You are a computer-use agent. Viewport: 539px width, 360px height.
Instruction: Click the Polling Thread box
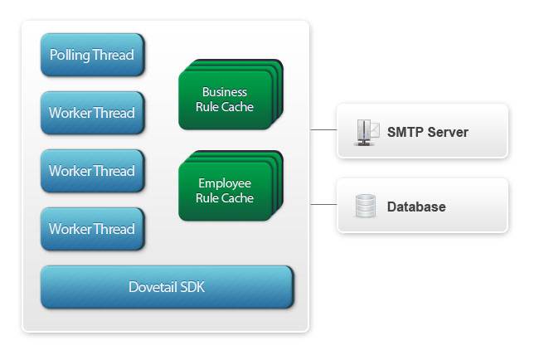click(92, 56)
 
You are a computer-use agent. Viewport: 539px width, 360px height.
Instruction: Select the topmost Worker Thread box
click(92, 114)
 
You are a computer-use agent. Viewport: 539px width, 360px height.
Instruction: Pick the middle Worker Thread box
click(92, 172)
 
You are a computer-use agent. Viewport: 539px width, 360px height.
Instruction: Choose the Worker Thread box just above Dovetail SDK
click(92, 229)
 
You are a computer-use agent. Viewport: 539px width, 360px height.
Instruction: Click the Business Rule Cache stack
click(225, 100)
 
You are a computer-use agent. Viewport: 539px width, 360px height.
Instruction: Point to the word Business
click(225, 92)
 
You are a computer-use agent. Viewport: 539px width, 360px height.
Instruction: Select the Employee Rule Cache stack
click(225, 191)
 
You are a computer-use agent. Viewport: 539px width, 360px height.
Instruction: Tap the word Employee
click(225, 183)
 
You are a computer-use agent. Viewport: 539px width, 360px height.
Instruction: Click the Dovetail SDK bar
click(167, 288)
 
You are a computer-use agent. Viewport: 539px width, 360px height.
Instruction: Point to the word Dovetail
click(153, 288)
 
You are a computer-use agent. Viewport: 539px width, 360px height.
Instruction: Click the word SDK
click(192, 288)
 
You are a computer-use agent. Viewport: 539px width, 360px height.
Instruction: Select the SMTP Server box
click(421, 131)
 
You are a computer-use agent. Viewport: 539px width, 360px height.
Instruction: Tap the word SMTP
click(404, 132)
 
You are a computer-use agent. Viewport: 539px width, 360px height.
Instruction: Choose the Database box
click(421, 206)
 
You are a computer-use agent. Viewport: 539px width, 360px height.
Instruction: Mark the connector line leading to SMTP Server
click(323, 130)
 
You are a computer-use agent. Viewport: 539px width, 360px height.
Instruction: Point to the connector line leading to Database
click(323, 204)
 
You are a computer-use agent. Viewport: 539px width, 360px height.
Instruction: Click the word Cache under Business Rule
click(238, 107)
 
